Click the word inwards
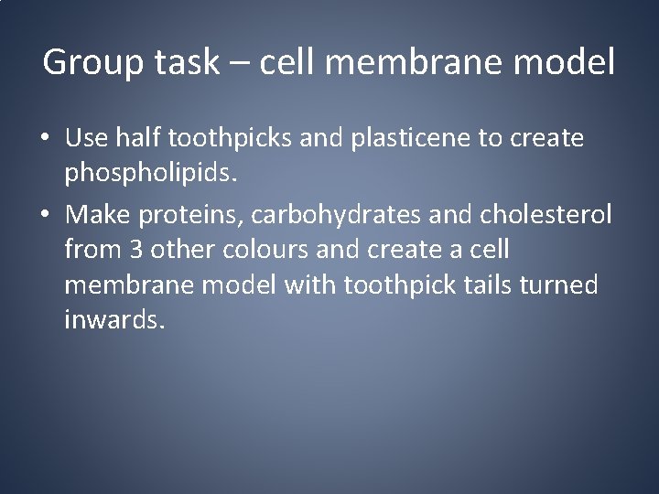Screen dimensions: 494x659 click(115, 321)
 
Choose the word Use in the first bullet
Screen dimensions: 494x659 click(87, 139)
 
